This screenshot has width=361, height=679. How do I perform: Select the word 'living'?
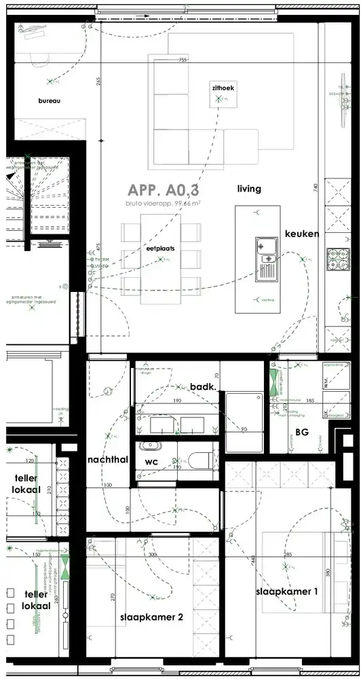[x=249, y=189]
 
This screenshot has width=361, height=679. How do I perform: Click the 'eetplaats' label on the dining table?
[x=160, y=249]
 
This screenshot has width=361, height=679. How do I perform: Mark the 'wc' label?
[x=151, y=462]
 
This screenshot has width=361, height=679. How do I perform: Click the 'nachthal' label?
[x=108, y=460]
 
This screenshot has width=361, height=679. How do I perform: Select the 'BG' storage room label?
[x=303, y=431]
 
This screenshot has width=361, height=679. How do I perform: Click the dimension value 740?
[x=315, y=187]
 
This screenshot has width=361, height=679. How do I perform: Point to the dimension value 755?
[x=182, y=60]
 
